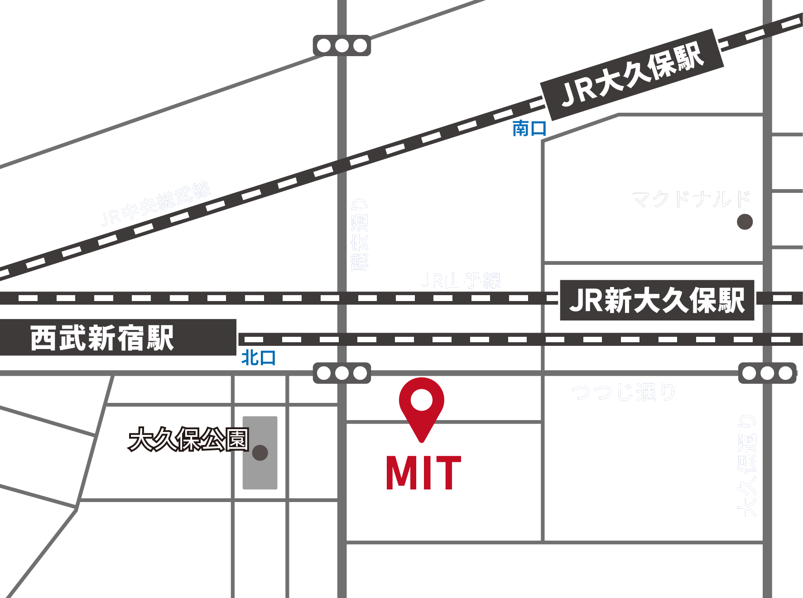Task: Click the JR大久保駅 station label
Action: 632,75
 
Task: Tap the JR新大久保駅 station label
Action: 657,300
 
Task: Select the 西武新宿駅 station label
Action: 102,338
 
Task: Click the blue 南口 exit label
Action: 529,129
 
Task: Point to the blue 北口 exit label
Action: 258,358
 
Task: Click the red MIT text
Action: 423,473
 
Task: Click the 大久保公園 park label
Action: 188,439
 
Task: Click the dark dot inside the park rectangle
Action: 260,453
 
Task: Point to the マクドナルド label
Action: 691,199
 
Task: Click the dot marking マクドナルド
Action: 745,222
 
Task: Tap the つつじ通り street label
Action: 623,392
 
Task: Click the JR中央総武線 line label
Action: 156,204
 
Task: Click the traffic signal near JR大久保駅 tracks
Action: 342,46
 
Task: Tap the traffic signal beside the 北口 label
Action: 342,373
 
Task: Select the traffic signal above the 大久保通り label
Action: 767,373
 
